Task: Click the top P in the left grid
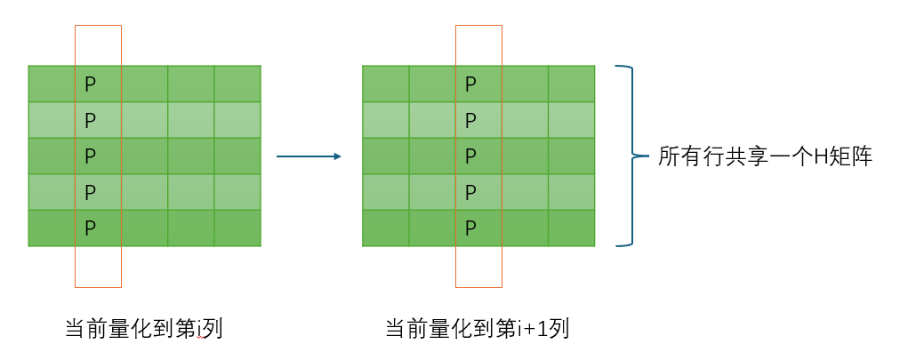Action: point(90,84)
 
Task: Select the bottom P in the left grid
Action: point(90,228)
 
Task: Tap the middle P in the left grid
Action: point(90,156)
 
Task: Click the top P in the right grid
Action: point(470,84)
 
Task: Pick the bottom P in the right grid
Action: point(470,228)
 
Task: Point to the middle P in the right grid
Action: point(470,156)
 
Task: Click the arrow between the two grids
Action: point(309,156)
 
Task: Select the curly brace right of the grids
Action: point(629,156)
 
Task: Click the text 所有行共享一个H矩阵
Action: point(766,157)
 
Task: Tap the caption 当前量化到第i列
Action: point(143,329)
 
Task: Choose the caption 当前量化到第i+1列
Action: point(477,329)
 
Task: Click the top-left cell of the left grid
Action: point(52,84)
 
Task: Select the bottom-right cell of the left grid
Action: point(237,228)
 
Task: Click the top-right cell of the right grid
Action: point(571,84)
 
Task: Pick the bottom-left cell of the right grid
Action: point(385,228)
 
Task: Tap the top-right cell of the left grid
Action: point(237,84)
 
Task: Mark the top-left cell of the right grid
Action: point(385,84)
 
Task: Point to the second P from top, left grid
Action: point(90,119)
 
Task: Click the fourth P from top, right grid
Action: point(470,191)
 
